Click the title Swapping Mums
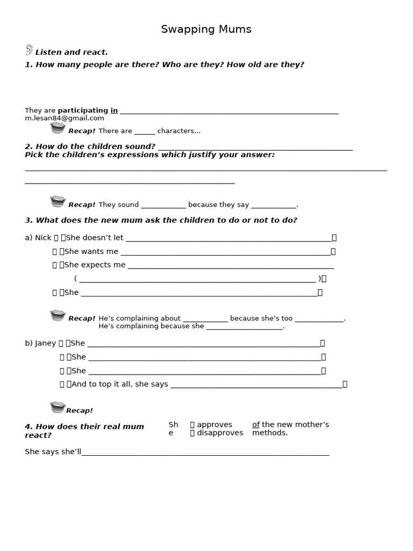[x=206, y=30]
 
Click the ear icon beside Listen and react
[x=29, y=50]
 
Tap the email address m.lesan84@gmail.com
[x=65, y=118]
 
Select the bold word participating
[x=83, y=110]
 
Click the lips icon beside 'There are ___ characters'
[x=58, y=128]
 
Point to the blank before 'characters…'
[x=144, y=131]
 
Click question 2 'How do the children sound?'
[x=90, y=146]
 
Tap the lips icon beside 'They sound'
[x=58, y=202]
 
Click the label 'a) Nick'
[x=38, y=237]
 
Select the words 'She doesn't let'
[x=94, y=237]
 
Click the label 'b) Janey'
[x=40, y=343]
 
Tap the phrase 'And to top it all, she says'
[x=119, y=384]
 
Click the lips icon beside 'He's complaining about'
[x=58, y=315]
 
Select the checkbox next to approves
[x=192, y=425]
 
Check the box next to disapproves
[x=192, y=433]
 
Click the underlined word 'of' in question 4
[x=255, y=425]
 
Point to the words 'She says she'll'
[x=53, y=451]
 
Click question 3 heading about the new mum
[x=161, y=220]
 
